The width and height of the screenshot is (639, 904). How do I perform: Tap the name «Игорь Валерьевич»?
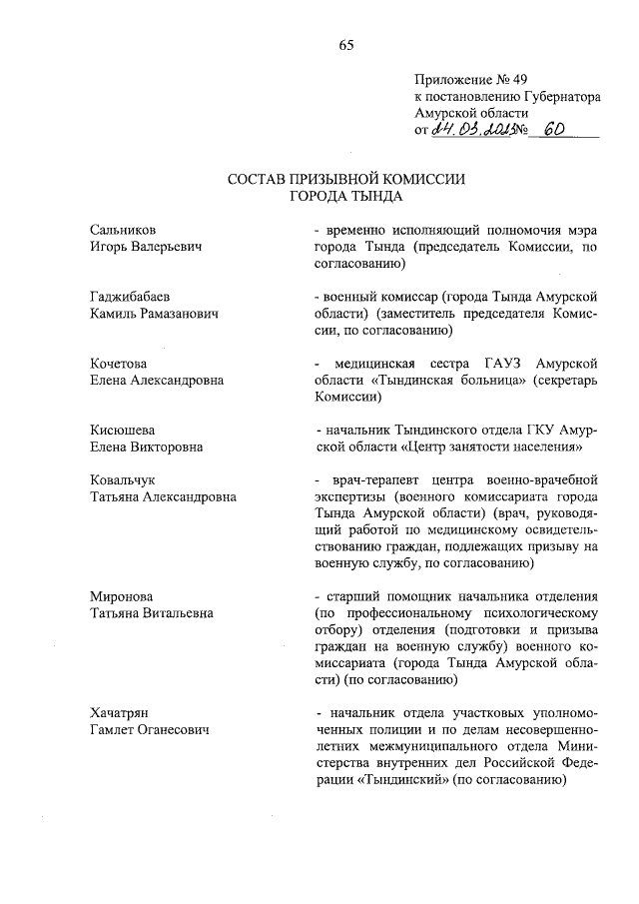click(x=146, y=247)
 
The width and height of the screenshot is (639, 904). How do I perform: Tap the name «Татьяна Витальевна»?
click(x=152, y=613)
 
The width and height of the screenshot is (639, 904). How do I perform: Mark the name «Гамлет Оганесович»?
click(x=148, y=730)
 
